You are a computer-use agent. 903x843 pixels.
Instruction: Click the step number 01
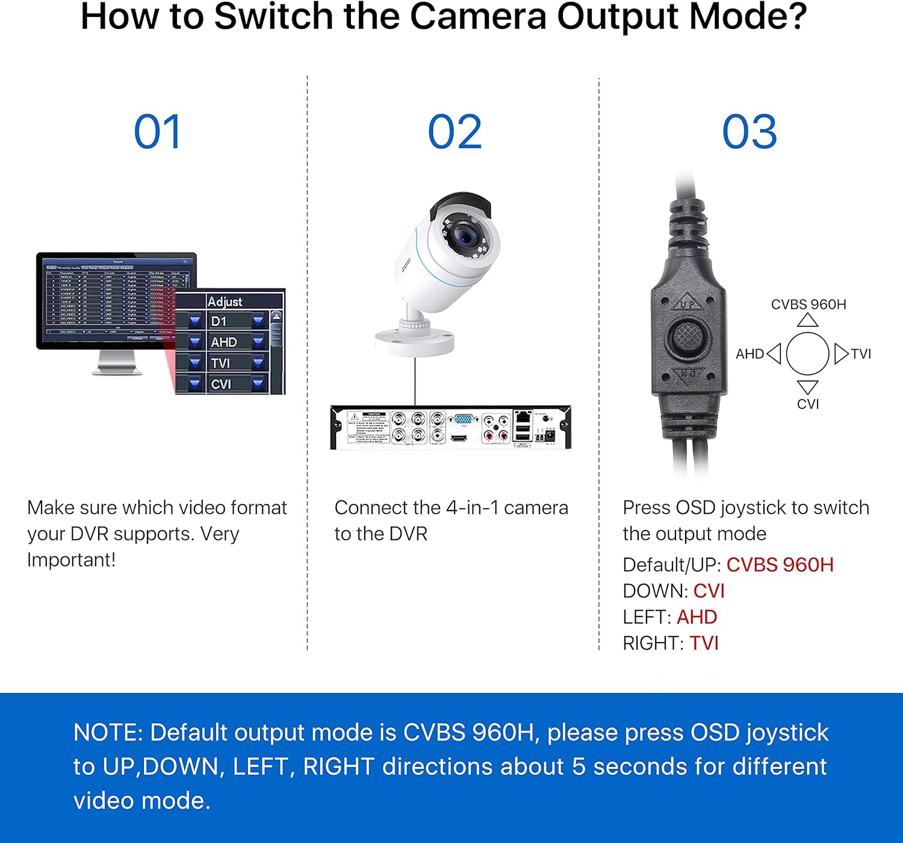pyautogui.click(x=157, y=132)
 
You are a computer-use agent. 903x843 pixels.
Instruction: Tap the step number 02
pyautogui.click(x=455, y=132)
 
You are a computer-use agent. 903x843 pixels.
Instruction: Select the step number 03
pyautogui.click(x=749, y=132)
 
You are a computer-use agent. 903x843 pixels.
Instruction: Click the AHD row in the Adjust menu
pyautogui.click(x=224, y=342)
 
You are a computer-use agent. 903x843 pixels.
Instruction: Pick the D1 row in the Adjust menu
pyautogui.click(x=219, y=321)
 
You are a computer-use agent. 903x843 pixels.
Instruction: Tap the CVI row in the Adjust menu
pyautogui.click(x=222, y=384)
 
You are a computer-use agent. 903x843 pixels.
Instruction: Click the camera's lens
pyautogui.click(x=466, y=235)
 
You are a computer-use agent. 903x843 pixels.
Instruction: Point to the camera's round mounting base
pyautogui.click(x=414, y=341)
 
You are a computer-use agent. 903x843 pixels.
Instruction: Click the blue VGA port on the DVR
pyautogui.click(x=464, y=420)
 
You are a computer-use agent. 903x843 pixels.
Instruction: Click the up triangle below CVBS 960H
pyautogui.click(x=808, y=320)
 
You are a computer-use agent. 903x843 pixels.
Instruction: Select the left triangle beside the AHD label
pyautogui.click(x=774, y=353)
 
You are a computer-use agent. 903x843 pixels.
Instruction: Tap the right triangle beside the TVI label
pyautogui.click(x=840, y=353)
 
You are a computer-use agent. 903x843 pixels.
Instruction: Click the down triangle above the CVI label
pyautogui.click(x=808, y=387)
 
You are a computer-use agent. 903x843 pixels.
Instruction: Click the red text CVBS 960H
pyautogui.click(x=780, y=565)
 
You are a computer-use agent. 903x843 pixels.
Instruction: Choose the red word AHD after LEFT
pyautogui.click(x=697, y=617)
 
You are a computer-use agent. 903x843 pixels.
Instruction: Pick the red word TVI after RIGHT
pyautogui.click(x=704, y=643)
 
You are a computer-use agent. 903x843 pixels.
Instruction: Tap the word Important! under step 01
pyautogui.click(x=71, y=560)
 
